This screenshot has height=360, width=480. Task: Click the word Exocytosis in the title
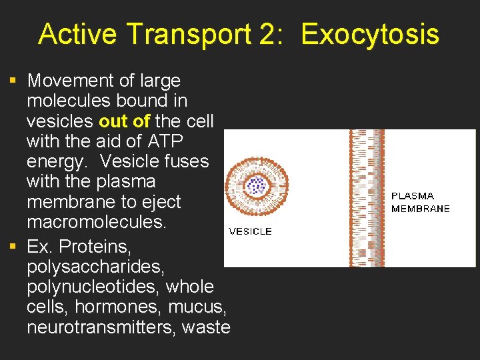370,34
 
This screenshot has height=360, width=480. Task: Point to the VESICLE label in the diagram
251,231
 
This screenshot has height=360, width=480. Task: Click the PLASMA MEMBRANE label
420,202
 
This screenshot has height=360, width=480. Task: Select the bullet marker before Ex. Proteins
12,247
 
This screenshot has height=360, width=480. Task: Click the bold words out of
125,121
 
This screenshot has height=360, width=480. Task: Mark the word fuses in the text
186,161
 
